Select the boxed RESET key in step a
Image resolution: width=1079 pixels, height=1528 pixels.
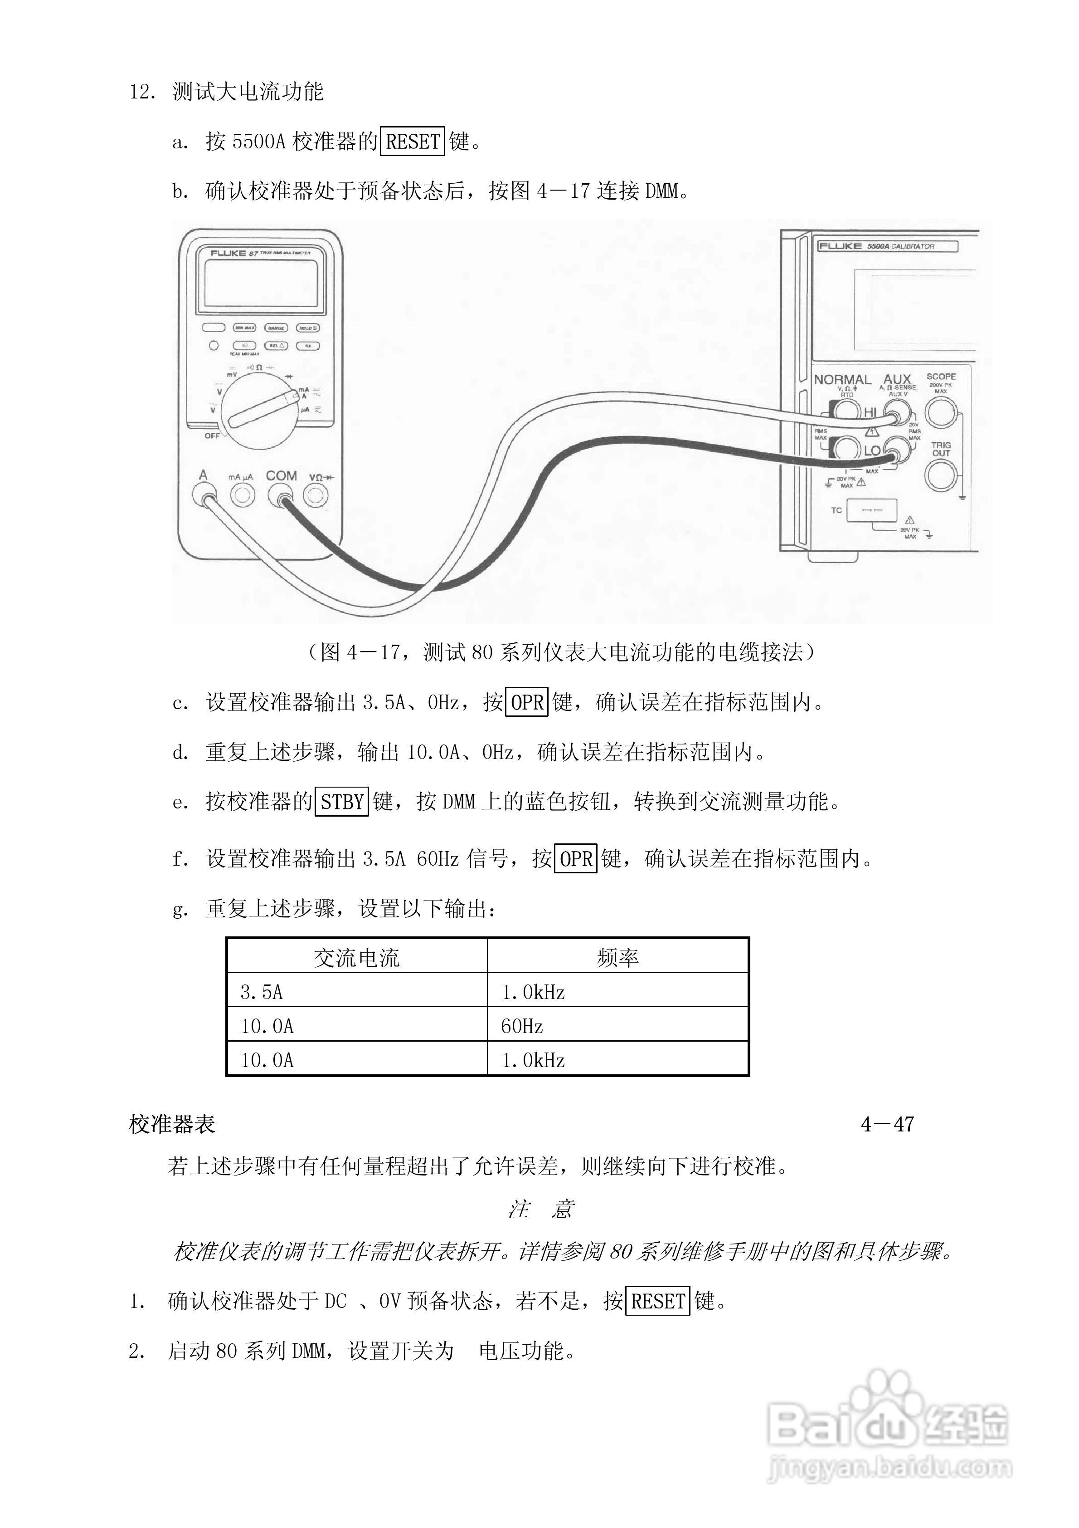tap(413, 141)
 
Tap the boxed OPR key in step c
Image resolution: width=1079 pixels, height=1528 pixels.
tap(527, 702)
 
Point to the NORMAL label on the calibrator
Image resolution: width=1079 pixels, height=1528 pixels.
tap(842, 379)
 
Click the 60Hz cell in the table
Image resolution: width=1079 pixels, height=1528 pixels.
tap(522, 1026)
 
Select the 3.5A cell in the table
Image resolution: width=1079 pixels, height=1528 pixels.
tap(262, 992)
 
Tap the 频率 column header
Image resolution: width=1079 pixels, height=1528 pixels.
tap(617, 958)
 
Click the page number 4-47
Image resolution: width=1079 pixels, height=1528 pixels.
tap(887, 1124)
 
